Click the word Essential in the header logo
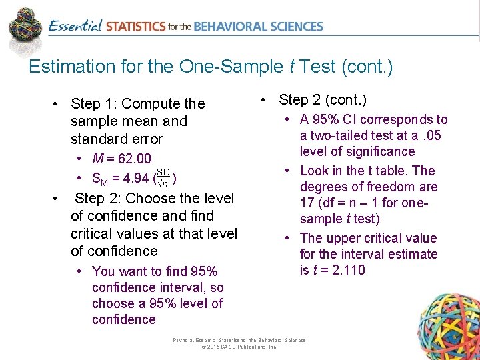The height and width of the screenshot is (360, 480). (75, 27)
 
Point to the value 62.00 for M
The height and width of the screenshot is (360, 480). (135, 159)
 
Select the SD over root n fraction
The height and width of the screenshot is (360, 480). (163, 177)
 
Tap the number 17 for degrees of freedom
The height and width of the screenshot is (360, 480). (307, 203)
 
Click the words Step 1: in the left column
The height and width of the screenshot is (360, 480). (95, 104)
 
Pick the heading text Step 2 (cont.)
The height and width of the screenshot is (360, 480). (323, 100)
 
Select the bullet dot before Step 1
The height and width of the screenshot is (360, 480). (57, 104)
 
